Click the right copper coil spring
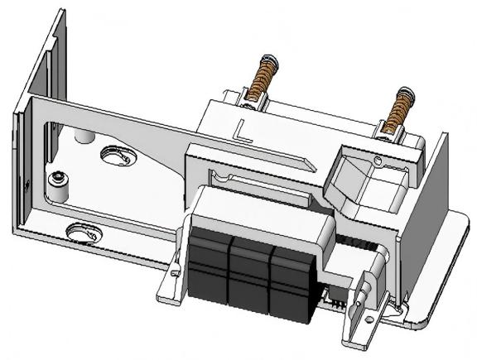pos(401,107)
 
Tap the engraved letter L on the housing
pos(242,128)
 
